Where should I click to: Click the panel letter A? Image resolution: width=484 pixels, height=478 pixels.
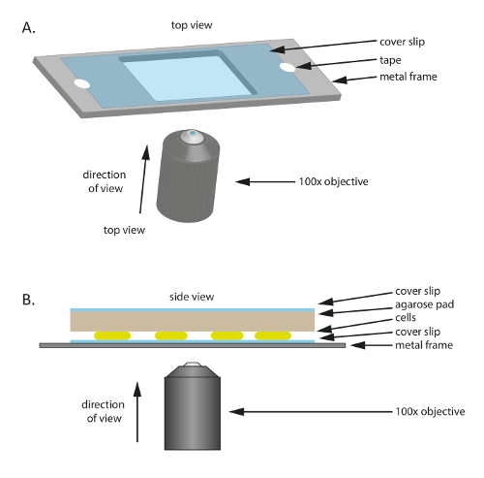pos(29,27)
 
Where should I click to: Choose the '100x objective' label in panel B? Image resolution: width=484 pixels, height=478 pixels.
pos(401,412)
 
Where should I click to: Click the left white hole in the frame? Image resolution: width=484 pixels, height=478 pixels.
pos(81,85)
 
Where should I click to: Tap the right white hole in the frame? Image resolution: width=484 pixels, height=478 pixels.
pos(289,68)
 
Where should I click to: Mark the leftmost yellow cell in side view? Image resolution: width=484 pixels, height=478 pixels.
pos(112,335)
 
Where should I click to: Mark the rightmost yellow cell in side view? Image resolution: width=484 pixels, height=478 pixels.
pos(273,335)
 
